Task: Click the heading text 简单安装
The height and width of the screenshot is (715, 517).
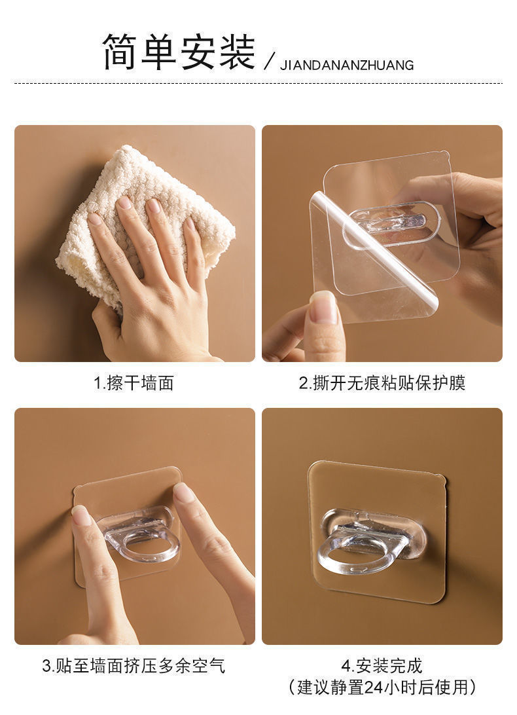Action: coord(178,52)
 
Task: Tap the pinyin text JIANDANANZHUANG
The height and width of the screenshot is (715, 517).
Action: coord(347,65)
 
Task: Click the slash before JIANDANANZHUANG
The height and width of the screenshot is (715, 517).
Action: coord(268,63)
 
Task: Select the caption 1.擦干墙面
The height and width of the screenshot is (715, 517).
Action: coord(134,383)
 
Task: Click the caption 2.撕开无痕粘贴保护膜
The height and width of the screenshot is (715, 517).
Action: coord(382,383)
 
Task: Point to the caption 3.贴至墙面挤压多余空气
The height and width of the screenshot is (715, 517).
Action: coord(134,666)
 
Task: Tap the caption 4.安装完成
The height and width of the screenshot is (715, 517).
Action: coord(382,666)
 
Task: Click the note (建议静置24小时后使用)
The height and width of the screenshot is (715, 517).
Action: coord(382,687)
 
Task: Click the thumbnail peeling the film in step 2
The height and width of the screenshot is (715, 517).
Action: coord(323,306)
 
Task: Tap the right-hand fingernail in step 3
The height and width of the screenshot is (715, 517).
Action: coord(184,492)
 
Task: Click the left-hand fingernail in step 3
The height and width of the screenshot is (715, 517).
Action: coord(82,515)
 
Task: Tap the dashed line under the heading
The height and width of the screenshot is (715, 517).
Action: coord(258,83)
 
